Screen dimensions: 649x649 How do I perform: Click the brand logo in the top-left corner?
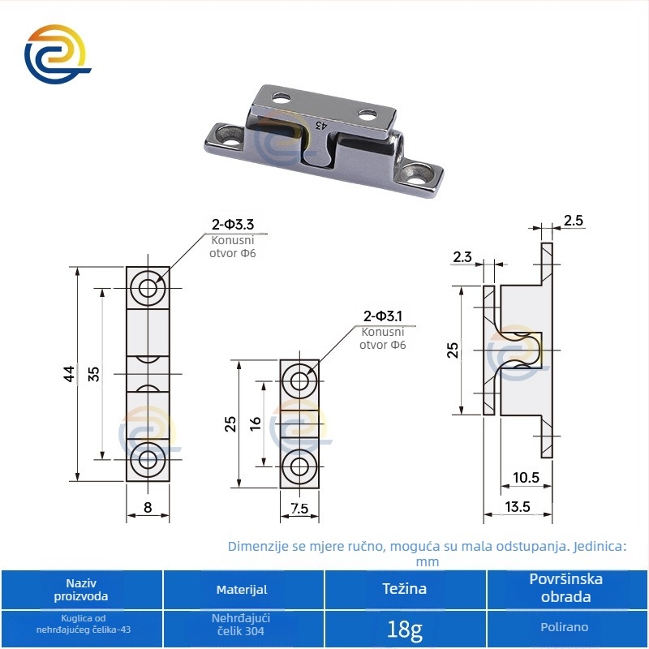(x=57, y=54)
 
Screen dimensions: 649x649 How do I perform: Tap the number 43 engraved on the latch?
(x=321, y=125)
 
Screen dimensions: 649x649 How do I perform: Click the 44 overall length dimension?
(x=69, y=374)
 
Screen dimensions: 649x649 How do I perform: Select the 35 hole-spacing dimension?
(x=94, y=374)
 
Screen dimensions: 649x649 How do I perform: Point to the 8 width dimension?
(x=148, y=507)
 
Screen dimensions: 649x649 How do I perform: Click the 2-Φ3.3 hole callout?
(x=233, y=225)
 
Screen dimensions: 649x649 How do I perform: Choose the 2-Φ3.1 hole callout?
(x=382, y=316)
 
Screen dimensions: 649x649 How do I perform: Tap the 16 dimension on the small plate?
(x=256, y=423)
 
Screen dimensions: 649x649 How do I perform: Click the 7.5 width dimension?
(x=299, y=508)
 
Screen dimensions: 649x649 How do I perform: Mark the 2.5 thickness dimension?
(x=574, y=220)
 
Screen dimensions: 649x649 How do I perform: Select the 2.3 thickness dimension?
(x=462, y=257)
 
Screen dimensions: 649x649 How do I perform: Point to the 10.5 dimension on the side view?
(x=526, y=478)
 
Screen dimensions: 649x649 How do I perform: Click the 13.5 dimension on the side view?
(x=518, y=506)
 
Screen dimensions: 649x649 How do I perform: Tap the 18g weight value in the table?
(x=404, y=630)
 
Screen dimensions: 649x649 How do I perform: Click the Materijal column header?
(x=242, y=590)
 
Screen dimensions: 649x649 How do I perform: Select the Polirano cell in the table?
(x=565, y=627)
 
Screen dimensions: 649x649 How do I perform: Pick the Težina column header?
(x=404, y=589)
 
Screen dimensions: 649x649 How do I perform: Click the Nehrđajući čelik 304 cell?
(x=241, y=625)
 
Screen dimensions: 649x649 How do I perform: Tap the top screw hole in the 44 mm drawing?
(x=148, y=288)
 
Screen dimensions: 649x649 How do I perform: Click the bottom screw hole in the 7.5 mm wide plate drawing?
(x=299, y=466)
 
